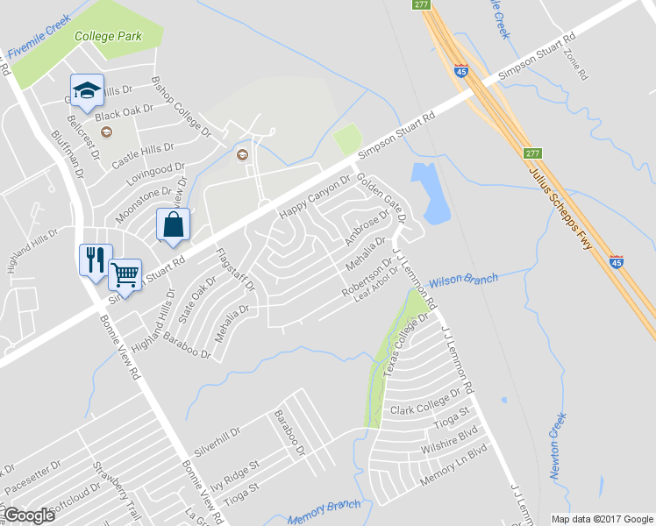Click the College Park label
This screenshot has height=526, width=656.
click(108, 37)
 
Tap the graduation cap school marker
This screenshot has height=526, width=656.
click(87, 89)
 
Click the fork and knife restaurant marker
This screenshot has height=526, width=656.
click(96, 259)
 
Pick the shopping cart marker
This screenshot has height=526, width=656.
click(125, 274)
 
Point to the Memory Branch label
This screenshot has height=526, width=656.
click(324, 512)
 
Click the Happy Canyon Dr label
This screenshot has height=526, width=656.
click(314, 198)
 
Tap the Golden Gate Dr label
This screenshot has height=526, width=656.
click(380, 197)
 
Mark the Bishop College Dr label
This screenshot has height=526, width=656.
click(182, 109)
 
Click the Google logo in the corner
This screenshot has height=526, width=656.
click(28, 515)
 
